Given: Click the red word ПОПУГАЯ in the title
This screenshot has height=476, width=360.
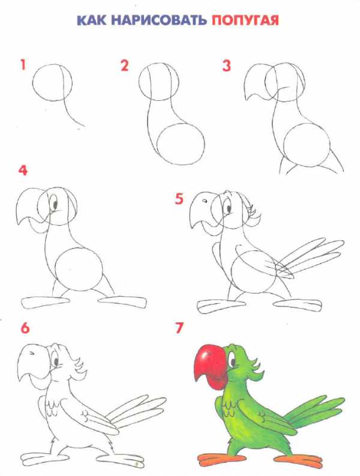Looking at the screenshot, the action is tap(245, 20).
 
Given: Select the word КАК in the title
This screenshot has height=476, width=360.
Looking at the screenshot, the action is tap(92, 20).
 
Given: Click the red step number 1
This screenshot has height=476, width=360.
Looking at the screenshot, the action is tap(23, 65).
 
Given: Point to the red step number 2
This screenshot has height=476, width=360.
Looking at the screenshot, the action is tap(124, 65).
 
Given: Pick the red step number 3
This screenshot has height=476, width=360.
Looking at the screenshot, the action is tap(226, 65).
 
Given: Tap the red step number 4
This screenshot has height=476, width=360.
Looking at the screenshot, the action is tap(23, 170).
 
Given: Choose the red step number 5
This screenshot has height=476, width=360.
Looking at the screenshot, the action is tap(179, 199).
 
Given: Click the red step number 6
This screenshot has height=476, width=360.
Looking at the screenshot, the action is tap(25, 328).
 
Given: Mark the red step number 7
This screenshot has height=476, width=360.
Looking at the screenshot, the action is tap(179, 328).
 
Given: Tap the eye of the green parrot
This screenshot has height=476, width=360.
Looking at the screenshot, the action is tap(233, 361).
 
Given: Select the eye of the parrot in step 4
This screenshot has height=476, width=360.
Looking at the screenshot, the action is tap(55, 203).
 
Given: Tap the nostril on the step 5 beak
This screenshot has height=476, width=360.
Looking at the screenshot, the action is tap(203, 200).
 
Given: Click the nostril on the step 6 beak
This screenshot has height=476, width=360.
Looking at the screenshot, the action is tap(31, 353).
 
